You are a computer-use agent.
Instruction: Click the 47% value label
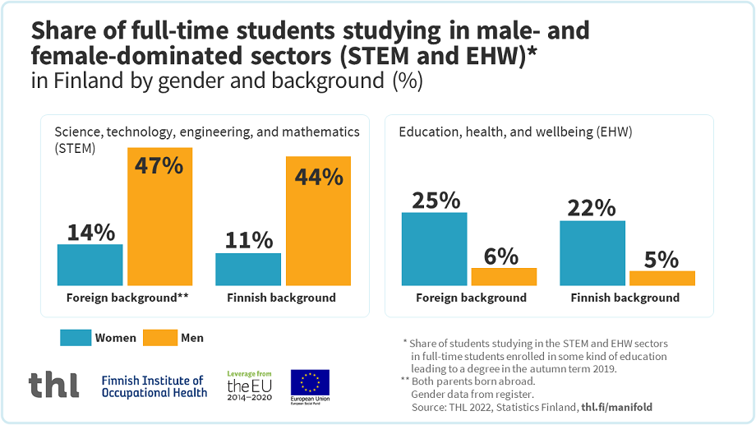159,165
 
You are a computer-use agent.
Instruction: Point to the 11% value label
249,240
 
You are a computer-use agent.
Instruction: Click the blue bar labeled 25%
434,249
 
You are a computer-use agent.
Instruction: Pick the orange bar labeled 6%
504,277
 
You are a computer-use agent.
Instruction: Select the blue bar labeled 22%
592,253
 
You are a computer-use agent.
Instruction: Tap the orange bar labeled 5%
662,279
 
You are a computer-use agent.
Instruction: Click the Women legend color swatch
76,338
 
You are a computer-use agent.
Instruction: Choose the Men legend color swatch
159,338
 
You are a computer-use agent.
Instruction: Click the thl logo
54,385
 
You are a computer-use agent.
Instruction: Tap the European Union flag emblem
310,383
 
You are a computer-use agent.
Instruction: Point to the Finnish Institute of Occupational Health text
154,386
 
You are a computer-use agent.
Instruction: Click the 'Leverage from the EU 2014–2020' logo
250,385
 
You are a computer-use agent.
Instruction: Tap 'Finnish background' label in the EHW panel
625,298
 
